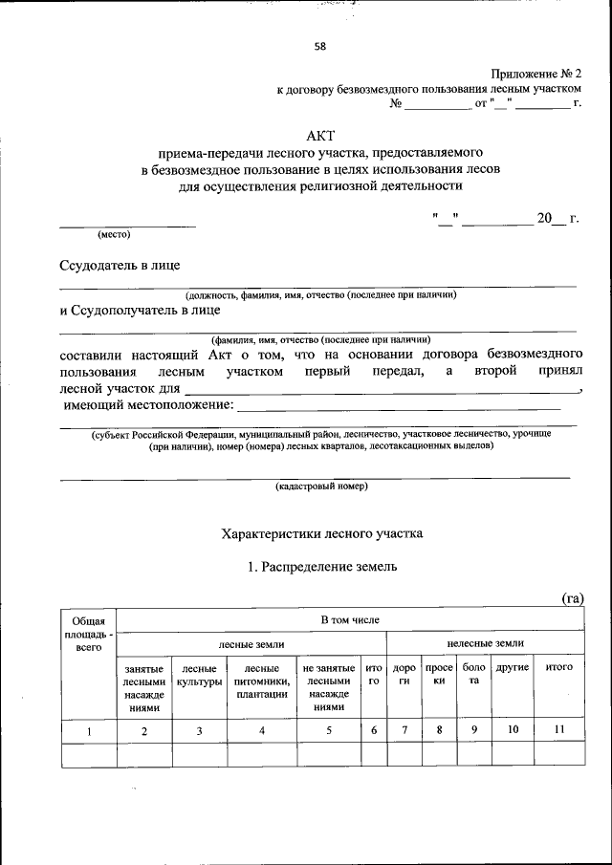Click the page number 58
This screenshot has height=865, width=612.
tap(319, 45)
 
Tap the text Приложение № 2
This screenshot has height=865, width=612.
tap(535, 74)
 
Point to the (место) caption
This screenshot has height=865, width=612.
tap(114, 234)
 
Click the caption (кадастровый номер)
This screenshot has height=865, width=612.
tap(321, 486)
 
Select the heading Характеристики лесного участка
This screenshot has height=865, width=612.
tap(320, 532)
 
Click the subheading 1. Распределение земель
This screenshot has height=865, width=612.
tap(321, 567)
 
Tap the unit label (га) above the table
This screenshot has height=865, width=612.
tap(571, 598)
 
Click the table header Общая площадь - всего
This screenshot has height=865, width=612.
tap(88, 633)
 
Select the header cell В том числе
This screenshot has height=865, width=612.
tap(350, 620)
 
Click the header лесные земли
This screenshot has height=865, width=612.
tap(251, 644)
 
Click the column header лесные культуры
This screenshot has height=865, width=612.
tap(199, 675)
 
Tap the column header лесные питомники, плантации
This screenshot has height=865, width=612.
tap(262, 681)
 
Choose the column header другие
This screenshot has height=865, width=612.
tap(512, 666)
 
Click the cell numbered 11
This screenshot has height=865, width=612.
tap(558, 730)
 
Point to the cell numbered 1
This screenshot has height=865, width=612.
tap(88, 731)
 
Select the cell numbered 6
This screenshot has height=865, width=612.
tap(374, 730)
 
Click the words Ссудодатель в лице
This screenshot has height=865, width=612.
tap(120, 265)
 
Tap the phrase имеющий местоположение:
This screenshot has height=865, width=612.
tap(146, 405)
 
